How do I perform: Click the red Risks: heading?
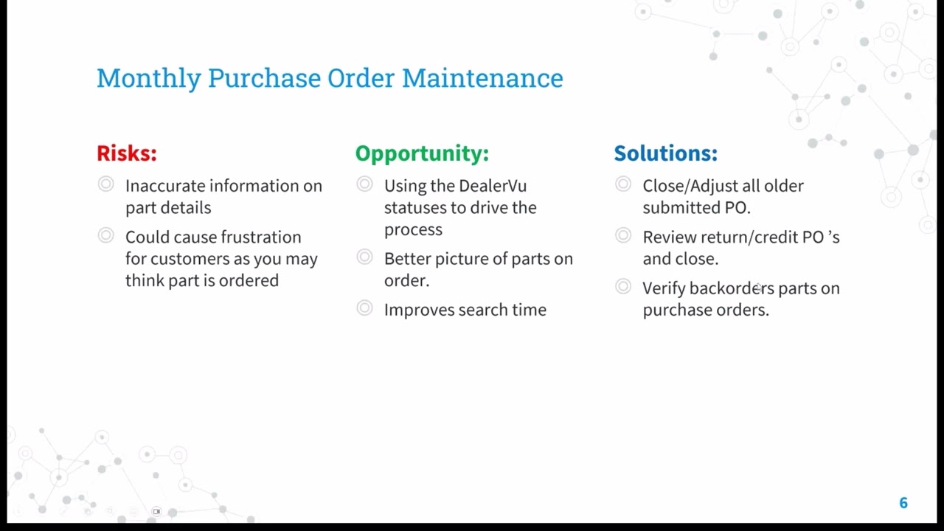click(126, 153)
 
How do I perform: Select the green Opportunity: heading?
click(422, 153)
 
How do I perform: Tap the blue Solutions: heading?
click(665, 153)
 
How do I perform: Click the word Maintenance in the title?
click(482, 78)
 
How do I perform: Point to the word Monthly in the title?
click(148, 78)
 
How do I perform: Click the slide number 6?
click(903, 503)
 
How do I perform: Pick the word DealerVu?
click(493, 186)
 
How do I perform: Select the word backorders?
click(732, 288)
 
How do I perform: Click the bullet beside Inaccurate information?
click(106, 184)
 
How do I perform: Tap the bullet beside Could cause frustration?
click(106, 236)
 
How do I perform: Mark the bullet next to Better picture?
click(364, 257)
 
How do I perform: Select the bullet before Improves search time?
click(364, 308)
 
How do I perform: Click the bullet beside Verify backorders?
click(623, 287)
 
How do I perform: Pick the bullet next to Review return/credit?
click(623, 236)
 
